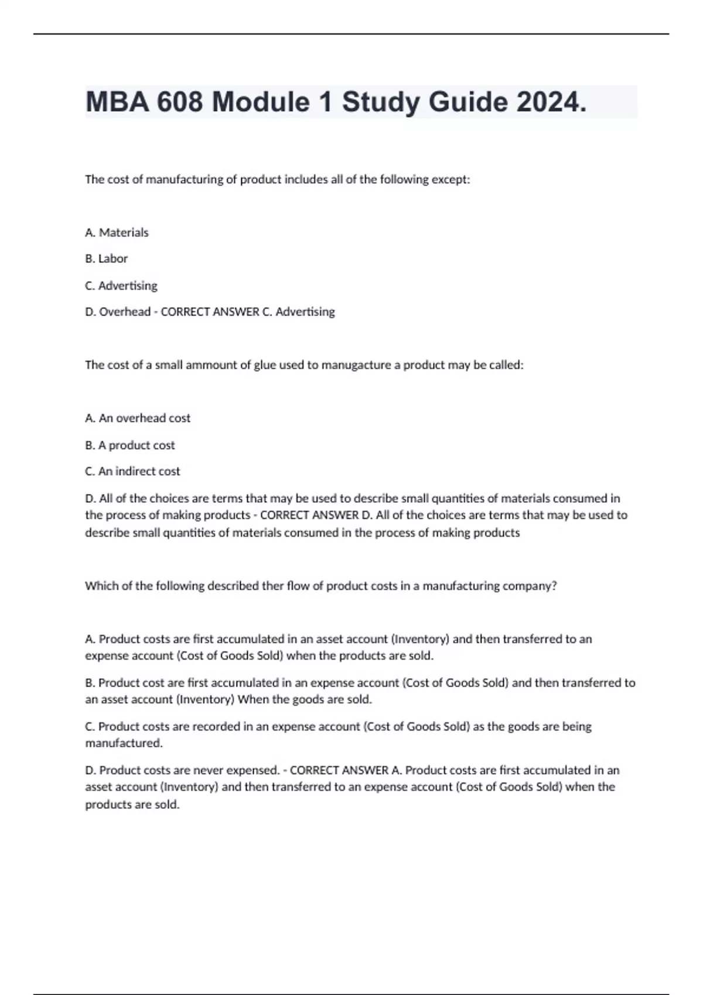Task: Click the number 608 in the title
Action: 178,102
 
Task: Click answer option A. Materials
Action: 117,232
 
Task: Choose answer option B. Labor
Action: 106,259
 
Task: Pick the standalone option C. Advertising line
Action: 121,286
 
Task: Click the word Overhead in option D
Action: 125,312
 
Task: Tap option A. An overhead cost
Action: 138,418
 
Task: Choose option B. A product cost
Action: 130,445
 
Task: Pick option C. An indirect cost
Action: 132,471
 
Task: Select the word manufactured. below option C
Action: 124,743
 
